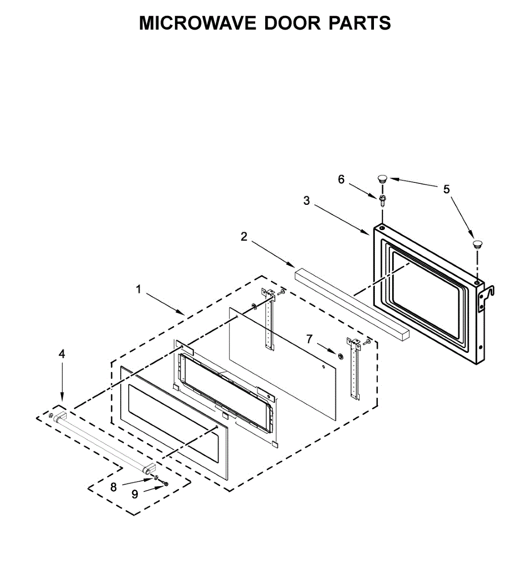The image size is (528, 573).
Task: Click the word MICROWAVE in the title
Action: (x=197, y=23)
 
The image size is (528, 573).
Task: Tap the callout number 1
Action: (x=139, y=289)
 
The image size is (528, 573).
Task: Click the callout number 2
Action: (x=244, y=236)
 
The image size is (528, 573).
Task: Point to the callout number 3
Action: (x=307, y=201)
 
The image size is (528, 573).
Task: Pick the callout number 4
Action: (x=62, y=354)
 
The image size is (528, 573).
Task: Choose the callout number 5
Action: (x=446, y=189)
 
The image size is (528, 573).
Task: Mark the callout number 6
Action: (x=341, y=179)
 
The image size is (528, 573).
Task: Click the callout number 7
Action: (x=310, y=339)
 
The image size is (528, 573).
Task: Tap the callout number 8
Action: (x=114, y=488)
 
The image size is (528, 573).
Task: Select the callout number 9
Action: (x=135, y=495)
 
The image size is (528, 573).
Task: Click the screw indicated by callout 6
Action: (x=383, y=200)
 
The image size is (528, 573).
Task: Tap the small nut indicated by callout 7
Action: (x=340, y=355)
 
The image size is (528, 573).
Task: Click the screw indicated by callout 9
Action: (x=165, y=484)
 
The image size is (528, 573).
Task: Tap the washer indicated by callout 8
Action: (x=156, y=477)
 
